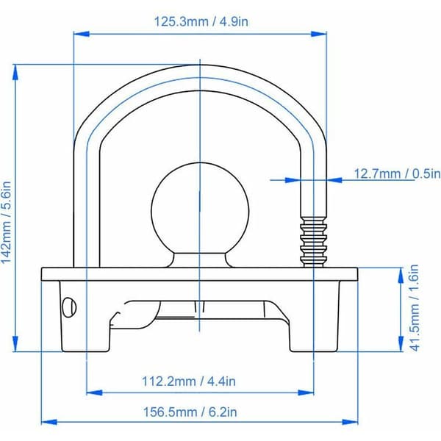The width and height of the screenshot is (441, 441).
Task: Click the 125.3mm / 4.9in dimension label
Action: pyautogui.click(x=201, y=21)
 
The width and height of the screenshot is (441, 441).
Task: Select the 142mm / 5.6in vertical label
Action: pyautogui.click(x=6, y=223)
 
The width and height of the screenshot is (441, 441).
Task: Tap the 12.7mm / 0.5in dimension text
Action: pyautogui.click(x=397, y=173)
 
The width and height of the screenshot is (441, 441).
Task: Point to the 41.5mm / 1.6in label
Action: pyautogui.click(x=415, y=308)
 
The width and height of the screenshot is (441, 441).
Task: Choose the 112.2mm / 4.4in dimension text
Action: pyautogui.click(x=189, y=381)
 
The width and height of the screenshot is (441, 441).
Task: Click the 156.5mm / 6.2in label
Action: pyautogui.click(x=190, y=412)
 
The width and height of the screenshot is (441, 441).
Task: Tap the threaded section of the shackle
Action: pyautogui.click(x=314, y=242)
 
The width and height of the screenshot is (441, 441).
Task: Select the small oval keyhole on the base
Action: pyautogui.click(x=69, y=306)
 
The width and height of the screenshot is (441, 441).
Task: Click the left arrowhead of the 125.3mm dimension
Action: pyautogui.click(x=82, y=34)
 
